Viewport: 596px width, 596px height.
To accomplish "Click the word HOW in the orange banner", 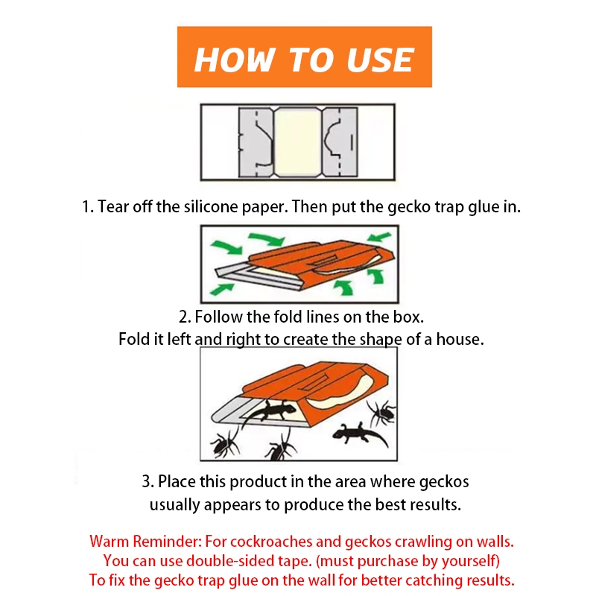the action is [x=235, y=60].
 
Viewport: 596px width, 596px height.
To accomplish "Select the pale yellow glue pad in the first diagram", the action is [x=297, y=142].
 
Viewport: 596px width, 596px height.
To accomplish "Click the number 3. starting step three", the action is [x=148, y=481].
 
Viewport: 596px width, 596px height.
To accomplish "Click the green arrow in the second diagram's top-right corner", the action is [x=379, y=238].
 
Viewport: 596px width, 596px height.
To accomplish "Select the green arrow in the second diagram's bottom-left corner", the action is [x=221, y=290].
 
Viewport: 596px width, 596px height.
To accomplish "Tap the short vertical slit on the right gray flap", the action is [x=352, y=142].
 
